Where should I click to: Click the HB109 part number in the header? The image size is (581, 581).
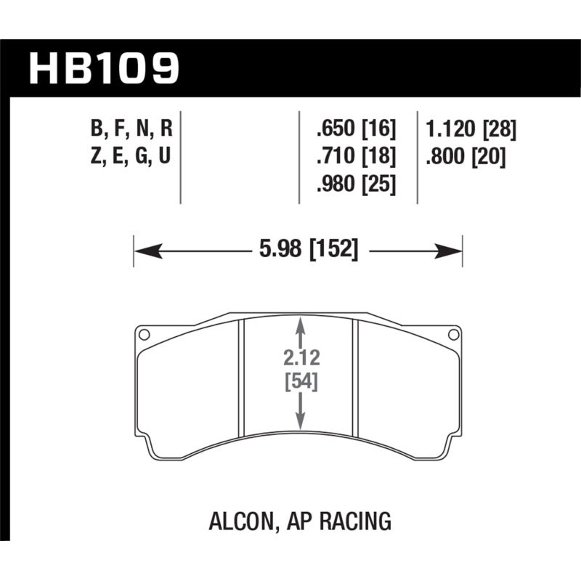tap(103, 68)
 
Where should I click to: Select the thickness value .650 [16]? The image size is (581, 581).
tap(356, 131)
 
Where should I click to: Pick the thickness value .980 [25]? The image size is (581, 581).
tap(356, 184)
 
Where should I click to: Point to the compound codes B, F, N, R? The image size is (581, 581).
tap(131, 131)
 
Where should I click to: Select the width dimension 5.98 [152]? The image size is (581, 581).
tap(308, 251)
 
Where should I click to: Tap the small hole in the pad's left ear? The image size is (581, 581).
tap(144, 335)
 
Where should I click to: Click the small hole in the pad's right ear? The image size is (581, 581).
tap(454, 335)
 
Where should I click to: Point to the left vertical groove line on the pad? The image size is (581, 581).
tap(241, 381)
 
